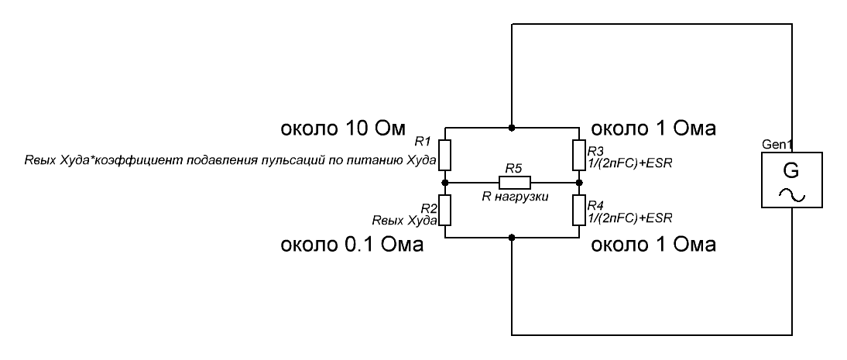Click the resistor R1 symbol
click(445, 154)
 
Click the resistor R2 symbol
click(445, 211)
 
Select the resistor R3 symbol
click(579, 154)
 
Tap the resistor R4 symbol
click(579, 211)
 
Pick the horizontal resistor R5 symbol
click(514, 183)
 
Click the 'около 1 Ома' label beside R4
click(653, 246)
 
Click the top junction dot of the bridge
click(512, 126)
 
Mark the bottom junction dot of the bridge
click(512, 238)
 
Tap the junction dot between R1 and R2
click(445, 183)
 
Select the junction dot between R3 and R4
click(579, 183)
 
